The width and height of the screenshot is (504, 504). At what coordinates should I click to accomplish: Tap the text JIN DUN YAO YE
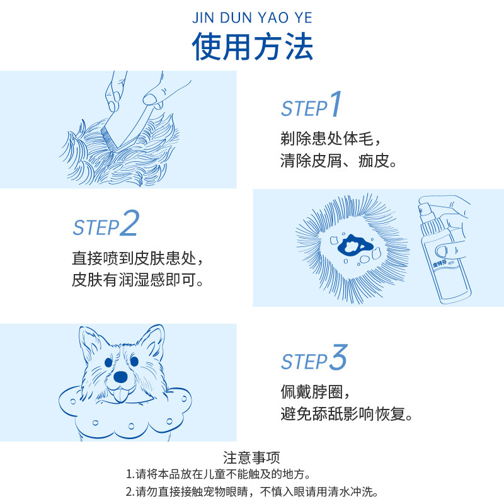252,17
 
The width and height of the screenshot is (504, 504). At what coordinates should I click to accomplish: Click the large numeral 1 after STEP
335,105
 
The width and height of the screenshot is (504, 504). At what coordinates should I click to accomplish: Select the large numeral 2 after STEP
129,225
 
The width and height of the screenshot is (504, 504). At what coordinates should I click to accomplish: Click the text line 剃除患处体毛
330,138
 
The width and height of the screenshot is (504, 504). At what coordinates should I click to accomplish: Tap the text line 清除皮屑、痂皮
338,161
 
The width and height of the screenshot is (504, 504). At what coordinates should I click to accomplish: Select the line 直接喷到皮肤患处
137,258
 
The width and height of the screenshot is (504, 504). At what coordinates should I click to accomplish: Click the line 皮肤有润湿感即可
137,280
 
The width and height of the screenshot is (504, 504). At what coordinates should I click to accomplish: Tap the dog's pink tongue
118,396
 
